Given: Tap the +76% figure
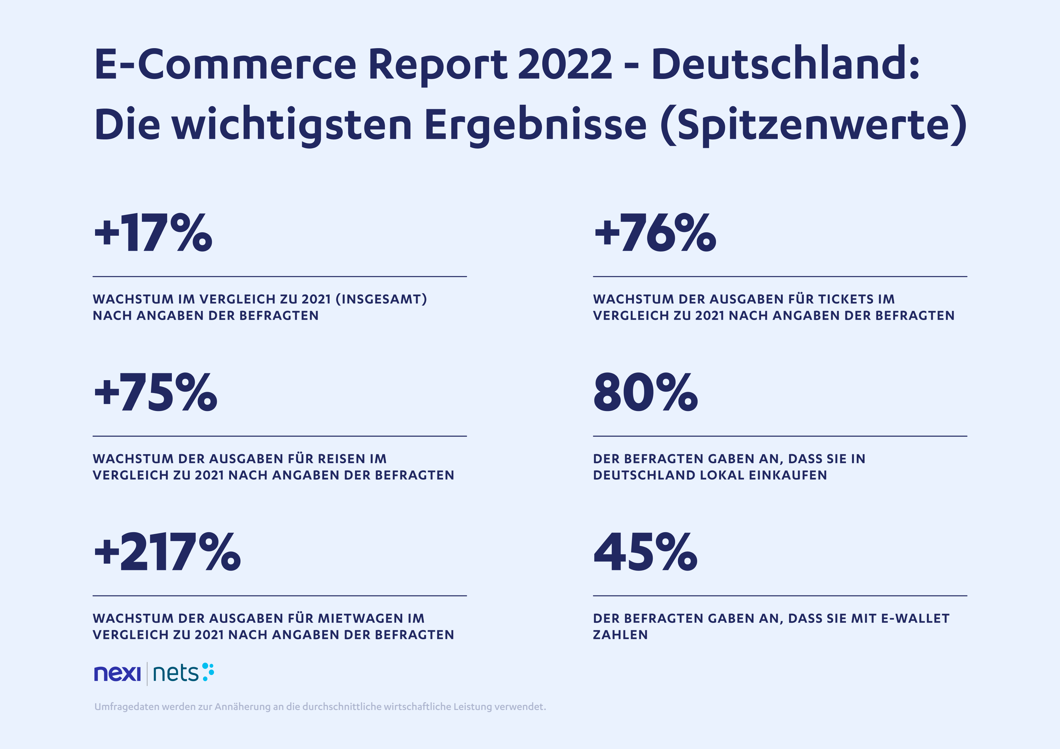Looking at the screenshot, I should click(655, 233).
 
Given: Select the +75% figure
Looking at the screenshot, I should click(155, 393).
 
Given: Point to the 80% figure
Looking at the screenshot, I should click(645, 393).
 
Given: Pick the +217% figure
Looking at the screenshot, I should click(167, 553).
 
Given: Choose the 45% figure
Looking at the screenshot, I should click(645, 553).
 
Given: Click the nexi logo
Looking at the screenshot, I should click(117, 674).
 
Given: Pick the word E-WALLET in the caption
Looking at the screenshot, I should click(915, 618).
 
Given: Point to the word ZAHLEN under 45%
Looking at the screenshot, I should click(620, 635).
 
